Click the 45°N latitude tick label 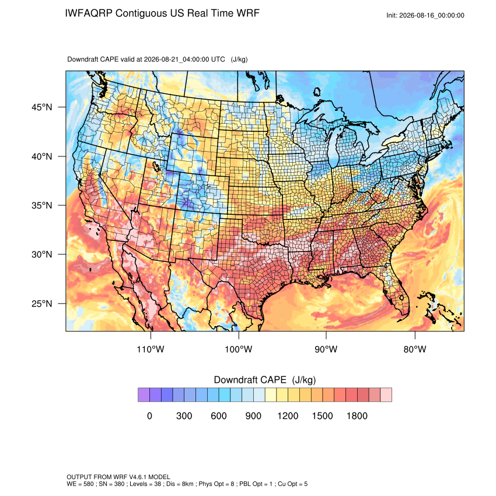tap(42, 107)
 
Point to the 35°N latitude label tap(42, 205)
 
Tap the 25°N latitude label tap(42, 303)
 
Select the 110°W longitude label tap(151, 349)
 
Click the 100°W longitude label tap(239, 349)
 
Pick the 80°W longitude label tap(415, 349)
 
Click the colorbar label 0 tap(149, 415)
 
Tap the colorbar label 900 tap(253, 415)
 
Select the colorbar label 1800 tap(357, 415)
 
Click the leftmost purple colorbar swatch tap(144, 395)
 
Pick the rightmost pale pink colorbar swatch tap(386, 395)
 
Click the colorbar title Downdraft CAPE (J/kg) tap(265, 380)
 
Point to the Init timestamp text tap(425, 16)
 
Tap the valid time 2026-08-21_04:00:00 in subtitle tap(184, 60)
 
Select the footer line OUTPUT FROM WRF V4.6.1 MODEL tap(118, 477)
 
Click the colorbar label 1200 tap(288, 415)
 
